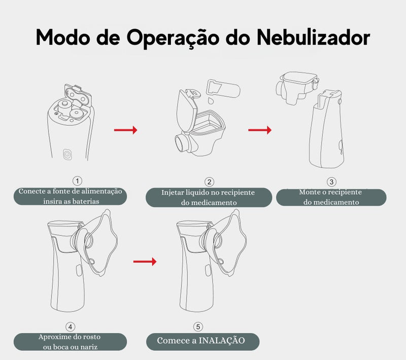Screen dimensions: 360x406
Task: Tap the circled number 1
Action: [x=77, y=181]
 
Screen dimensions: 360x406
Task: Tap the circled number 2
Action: [x=209, y=182]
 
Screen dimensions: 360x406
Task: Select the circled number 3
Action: [x=331, y=182]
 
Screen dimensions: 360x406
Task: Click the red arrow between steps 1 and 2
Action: [x=125, y=130]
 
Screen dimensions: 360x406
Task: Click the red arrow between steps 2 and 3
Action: [x=259, y=130]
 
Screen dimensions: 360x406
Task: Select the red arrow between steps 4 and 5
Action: [x=145, y=262]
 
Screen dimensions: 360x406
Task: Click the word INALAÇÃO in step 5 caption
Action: [x=222, y=340]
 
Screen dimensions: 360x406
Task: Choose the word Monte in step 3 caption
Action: [x=310, y=192]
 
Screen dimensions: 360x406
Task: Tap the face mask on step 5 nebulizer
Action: [x=231, y=243]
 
